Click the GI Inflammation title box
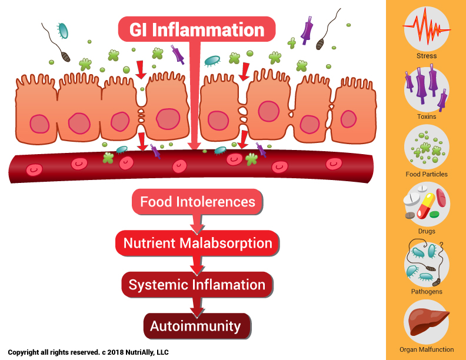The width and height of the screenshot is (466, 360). click(x=197, y=29)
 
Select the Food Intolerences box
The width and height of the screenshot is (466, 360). click(x=197, y=202)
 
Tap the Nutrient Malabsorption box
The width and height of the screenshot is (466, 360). click(x=197, y=243)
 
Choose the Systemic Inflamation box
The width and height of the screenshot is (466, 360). click(x=197, y=285)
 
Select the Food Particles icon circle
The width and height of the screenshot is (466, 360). click(x=427, y=147)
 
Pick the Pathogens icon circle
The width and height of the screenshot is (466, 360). click(x=427, y=263)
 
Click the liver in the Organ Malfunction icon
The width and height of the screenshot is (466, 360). click(x=427, y=322)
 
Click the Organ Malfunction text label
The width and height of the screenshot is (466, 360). click(x=427, y=349)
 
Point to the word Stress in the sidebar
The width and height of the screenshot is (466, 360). click(x=427, y=56)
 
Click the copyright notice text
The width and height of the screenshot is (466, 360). click(x=88, y=352)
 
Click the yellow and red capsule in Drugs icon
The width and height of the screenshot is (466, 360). click(x=426, y=205)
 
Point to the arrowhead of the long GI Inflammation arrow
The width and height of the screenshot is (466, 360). click(x=195, y=145)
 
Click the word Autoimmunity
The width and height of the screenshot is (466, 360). click(x=195, y=326)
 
